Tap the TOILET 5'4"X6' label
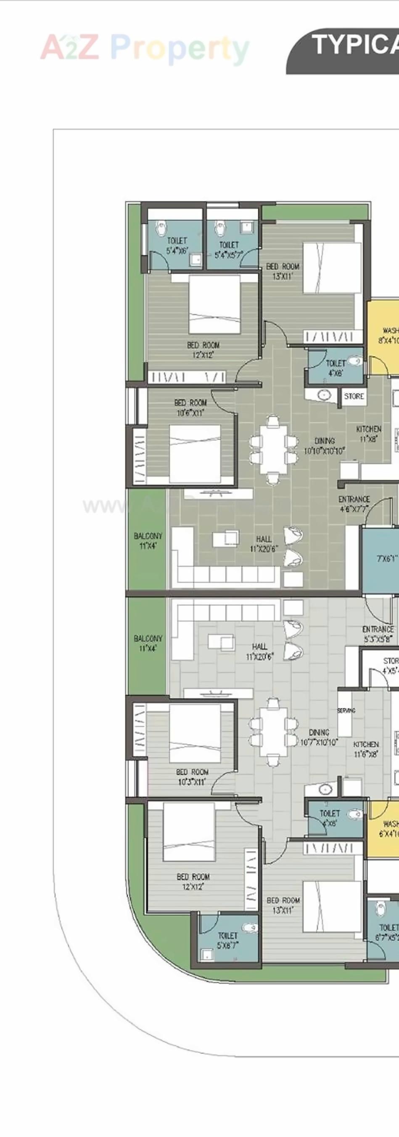(177, 246)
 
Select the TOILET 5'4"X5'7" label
(229, 249)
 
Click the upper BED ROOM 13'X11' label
(283, 271)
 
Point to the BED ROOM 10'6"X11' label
(190, 407)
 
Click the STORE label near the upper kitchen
(354, 396)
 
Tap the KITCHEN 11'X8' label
(369, 433)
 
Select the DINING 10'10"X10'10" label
(325, 446)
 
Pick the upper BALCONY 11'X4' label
(148, 540)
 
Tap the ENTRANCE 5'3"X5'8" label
(378, 633)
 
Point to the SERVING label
(346, 711)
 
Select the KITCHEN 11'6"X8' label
(366, 749)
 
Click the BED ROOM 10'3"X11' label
(192, 777)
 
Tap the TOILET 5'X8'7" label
(227, 940)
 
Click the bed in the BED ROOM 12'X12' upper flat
(215, 304)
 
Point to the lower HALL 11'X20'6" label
(259, 651)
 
